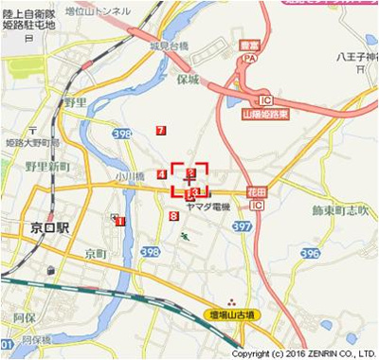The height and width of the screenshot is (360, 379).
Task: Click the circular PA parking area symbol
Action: [x=251, y=58]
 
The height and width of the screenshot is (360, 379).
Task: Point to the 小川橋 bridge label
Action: [x=130, y=176]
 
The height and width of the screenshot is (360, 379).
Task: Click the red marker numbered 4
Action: [x=163, y=174]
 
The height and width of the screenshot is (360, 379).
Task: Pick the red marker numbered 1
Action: [x=119, y=221]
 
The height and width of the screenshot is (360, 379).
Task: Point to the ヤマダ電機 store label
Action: [x=208, y=207]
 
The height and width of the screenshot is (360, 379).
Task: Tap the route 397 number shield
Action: [x=244, y=227]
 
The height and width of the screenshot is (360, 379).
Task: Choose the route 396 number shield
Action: [x=310, y=254]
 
